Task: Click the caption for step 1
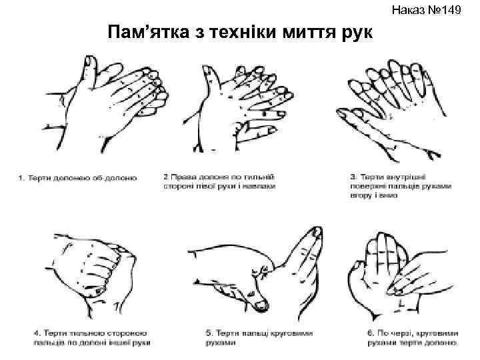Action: pyautogui.click(x=78, y=177)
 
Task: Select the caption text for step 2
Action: pyautogui.click(x=219, y=181)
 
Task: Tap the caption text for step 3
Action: pyautogui.click(x=401, y=186)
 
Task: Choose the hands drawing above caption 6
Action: pyautogui.click(x=397, y=267)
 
